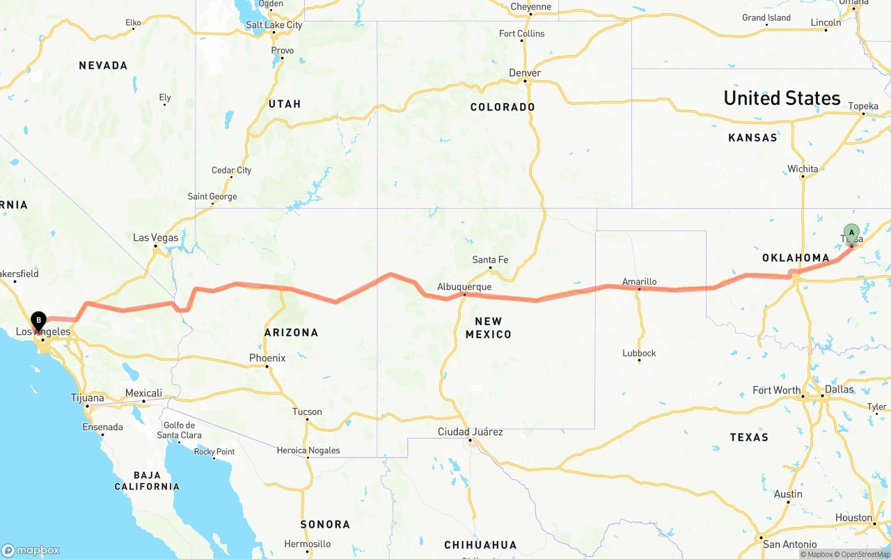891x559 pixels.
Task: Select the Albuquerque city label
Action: coord(464,287)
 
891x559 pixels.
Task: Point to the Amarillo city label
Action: coord(639,282)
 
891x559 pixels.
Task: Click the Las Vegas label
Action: coord(156,238)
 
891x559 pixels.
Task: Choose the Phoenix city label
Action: coord(267,358)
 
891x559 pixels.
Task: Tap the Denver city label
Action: coord(525,73)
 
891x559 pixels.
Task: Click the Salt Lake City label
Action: coord(274,25)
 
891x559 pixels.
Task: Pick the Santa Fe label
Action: coord(490,260)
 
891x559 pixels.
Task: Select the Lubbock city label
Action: coord(639,353)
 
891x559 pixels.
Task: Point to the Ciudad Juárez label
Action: coord(470,432)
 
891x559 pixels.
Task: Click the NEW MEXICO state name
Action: coord(493,328)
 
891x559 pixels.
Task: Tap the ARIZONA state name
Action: coord(291,333)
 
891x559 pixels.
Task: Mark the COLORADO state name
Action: coord(503,107)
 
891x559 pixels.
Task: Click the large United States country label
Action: coord(782,98)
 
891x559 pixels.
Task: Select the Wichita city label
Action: coord(803,168)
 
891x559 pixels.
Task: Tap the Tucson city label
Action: coord(307,411)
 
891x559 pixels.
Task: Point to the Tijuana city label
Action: coord(87,397)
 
